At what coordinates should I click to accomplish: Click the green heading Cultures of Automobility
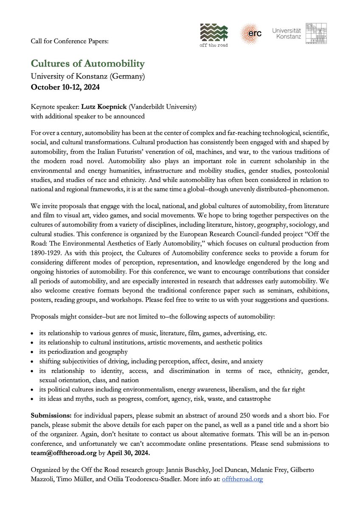88,64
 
